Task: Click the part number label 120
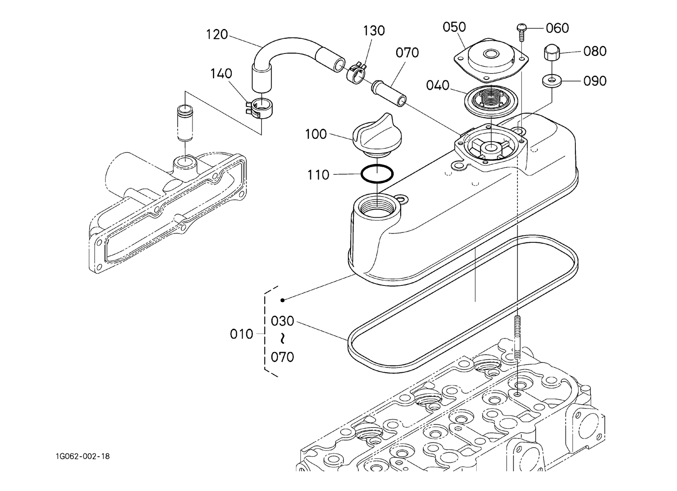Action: (x=217, y=35)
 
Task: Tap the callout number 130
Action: (x=374, y=31)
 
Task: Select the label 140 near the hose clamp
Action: (x=221, y=74)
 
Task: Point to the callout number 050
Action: (x=455, y=27)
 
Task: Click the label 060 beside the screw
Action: (x=558, y=28)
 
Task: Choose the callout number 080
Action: (x=595, y=52)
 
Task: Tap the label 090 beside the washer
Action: (x=595, y=81)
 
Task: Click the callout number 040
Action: (x=438, y=85)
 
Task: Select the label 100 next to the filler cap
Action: (x=316, y=134)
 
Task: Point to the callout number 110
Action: (x=318, y=175)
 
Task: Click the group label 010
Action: (x=242, y=334)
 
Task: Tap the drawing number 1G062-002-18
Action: (x=82, y=456)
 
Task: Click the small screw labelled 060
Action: (x=522, y=34)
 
